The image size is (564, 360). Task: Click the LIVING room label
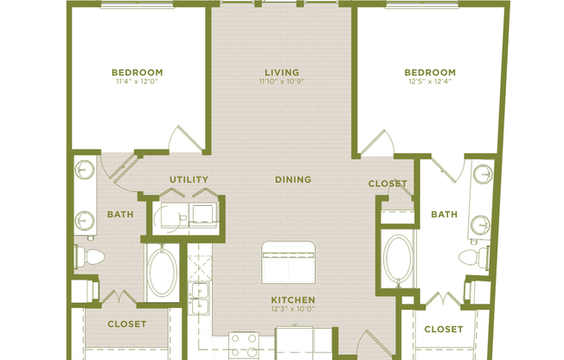282,72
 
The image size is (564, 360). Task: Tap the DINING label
292,180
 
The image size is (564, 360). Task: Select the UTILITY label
189,180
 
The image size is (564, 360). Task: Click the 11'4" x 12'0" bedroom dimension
138,81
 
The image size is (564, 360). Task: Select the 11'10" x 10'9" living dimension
282,81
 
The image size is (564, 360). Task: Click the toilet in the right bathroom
474,256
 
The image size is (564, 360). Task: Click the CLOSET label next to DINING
388,183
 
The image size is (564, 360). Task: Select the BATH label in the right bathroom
444,214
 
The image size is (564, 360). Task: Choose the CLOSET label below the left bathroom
126,325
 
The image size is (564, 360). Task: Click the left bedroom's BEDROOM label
138,72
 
